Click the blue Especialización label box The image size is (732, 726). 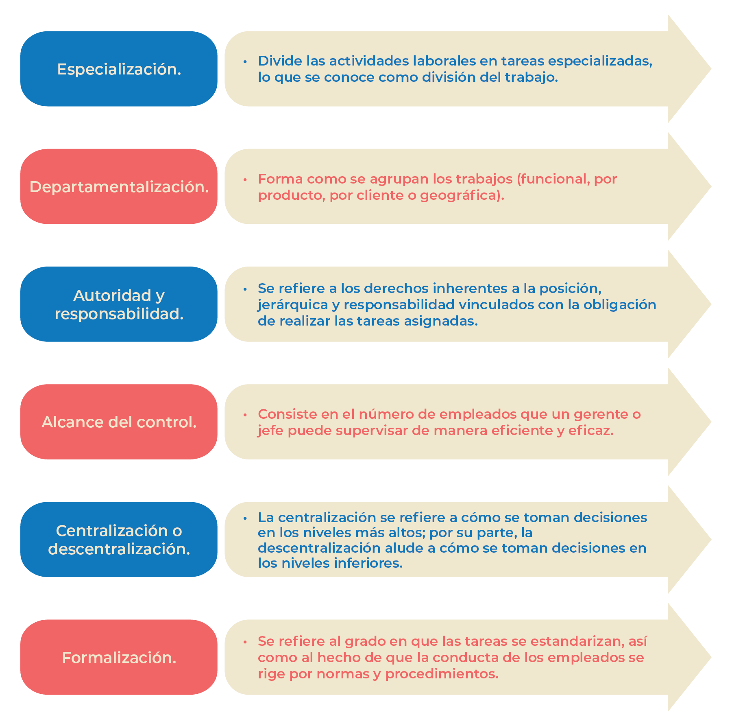coord(119,69)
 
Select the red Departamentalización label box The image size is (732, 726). coord(119,186)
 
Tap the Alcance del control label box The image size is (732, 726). coord(119,422)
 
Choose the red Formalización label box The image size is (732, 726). coord(119,657)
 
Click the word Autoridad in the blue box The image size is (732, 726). coord(107,295)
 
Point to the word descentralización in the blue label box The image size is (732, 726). coord(119,549)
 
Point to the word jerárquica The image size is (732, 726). coord(293,305)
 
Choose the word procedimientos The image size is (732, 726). coord(442,674)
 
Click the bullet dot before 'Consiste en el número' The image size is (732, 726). coord(245,415)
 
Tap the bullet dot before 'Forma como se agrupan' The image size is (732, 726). coord(245,179)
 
